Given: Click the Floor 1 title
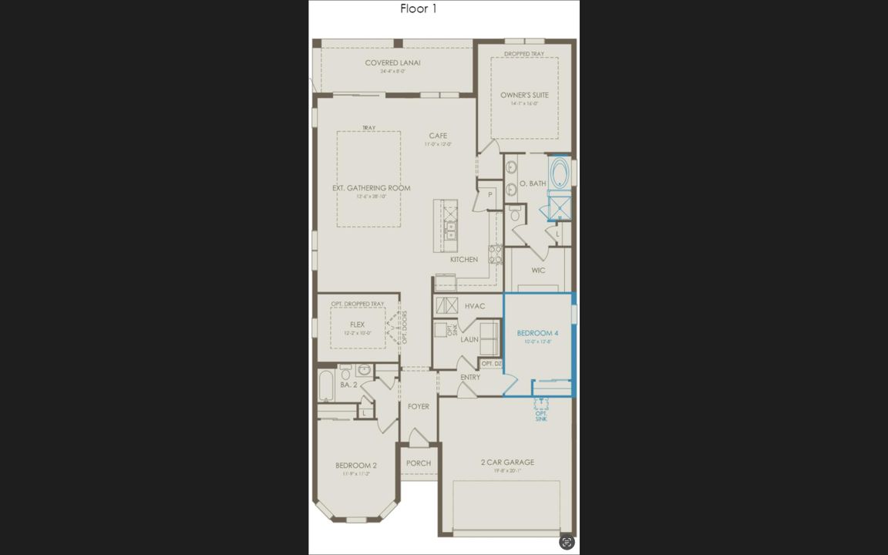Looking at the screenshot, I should coord(419,8).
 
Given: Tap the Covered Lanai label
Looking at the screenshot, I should coord(392,63).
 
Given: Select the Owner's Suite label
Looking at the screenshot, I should coord(524,96).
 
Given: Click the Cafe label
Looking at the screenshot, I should coord(438,136).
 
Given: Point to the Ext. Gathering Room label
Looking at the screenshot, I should coord(371,188).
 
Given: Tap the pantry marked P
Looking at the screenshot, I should coord(489,195).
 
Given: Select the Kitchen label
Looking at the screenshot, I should coord(464,260).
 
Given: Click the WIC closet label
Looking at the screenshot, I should coord(538,271).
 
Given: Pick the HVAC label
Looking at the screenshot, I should coord(475,306).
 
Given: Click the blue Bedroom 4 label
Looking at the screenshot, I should coord(537,333).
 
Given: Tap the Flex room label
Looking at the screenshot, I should coord(357,325).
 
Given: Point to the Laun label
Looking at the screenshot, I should coord(469,339).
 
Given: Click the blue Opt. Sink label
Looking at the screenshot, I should coord(541,416).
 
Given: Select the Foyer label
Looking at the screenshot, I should coord(419,406).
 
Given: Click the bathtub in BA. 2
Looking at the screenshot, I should coord(325,385).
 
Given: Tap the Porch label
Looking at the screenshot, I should coord(419,463).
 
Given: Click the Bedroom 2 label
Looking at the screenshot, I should coord(356,466).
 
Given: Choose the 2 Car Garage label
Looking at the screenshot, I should coord(507,462).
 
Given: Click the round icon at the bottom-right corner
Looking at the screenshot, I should coord(567,542).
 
